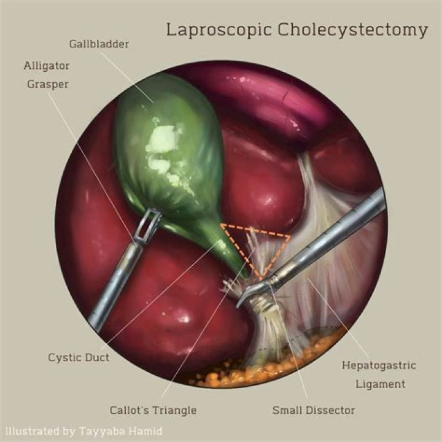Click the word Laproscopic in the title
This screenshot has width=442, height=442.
(x=209, y=29)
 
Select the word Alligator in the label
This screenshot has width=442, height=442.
(x=47, y=65)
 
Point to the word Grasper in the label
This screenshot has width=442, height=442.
(x=47, y=84)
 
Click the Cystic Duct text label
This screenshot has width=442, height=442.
(x=79, y=357)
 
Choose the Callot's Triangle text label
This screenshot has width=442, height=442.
(x=153, y=409)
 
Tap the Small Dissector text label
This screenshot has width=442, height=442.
(x=313, y=409)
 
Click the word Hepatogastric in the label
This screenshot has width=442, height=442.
(x=379, y=365)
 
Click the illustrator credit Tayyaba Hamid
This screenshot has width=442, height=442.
(x=120, y=431)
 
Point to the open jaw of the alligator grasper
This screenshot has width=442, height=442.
(x=149, y=225)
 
